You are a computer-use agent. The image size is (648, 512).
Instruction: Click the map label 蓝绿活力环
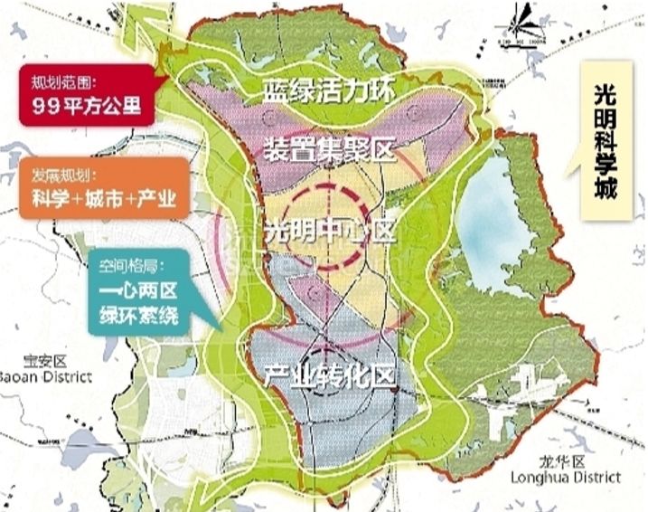[331, 90]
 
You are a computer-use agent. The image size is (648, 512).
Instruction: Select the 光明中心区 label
[331, 231]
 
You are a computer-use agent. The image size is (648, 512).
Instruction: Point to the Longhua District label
[566, 477]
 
